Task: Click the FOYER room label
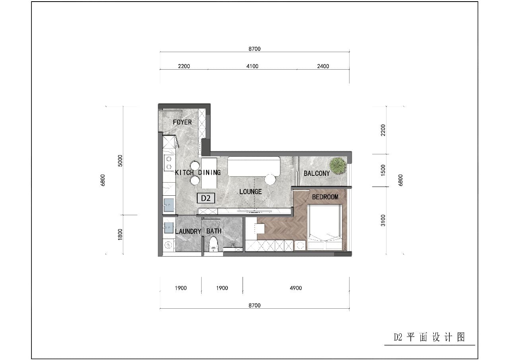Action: (x=182, y=122)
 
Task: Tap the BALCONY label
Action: (x=317, y=173)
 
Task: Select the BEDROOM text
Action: (x=325, y=197)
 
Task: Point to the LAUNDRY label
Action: (x=188, y=232)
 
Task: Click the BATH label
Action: (x=214, y=231)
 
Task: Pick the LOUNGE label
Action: (x=251, y=192)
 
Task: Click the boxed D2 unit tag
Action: (x=206, y=198)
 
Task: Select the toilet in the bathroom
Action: (x=214, y=244)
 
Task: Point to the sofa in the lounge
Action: (x=254, y=166)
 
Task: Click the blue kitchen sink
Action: (x=169, y=205)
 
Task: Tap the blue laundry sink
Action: (x=168, y=228)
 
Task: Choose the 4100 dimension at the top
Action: (x=252, y=66)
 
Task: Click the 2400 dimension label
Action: (x=323, y=66)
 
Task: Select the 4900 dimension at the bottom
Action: (x=295, y=288)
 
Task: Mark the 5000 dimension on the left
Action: (x=120, y=161)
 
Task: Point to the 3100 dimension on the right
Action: (x=383, y=220)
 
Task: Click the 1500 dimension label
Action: (x=383, y=170)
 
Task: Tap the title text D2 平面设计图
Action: (x=429, y=337)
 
